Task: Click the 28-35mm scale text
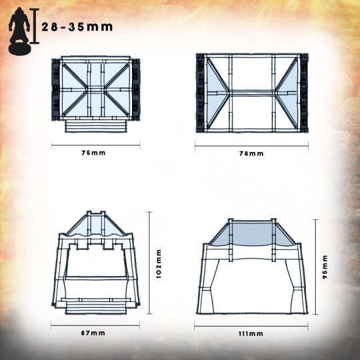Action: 77,27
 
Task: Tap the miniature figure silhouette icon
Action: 19,31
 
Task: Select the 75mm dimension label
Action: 93,153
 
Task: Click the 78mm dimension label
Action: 251,153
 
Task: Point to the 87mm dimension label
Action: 93,333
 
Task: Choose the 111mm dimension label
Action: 251,334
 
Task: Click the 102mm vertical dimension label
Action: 159,264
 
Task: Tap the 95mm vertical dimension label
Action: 325,267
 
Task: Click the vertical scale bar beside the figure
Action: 35,26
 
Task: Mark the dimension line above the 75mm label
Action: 96,145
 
